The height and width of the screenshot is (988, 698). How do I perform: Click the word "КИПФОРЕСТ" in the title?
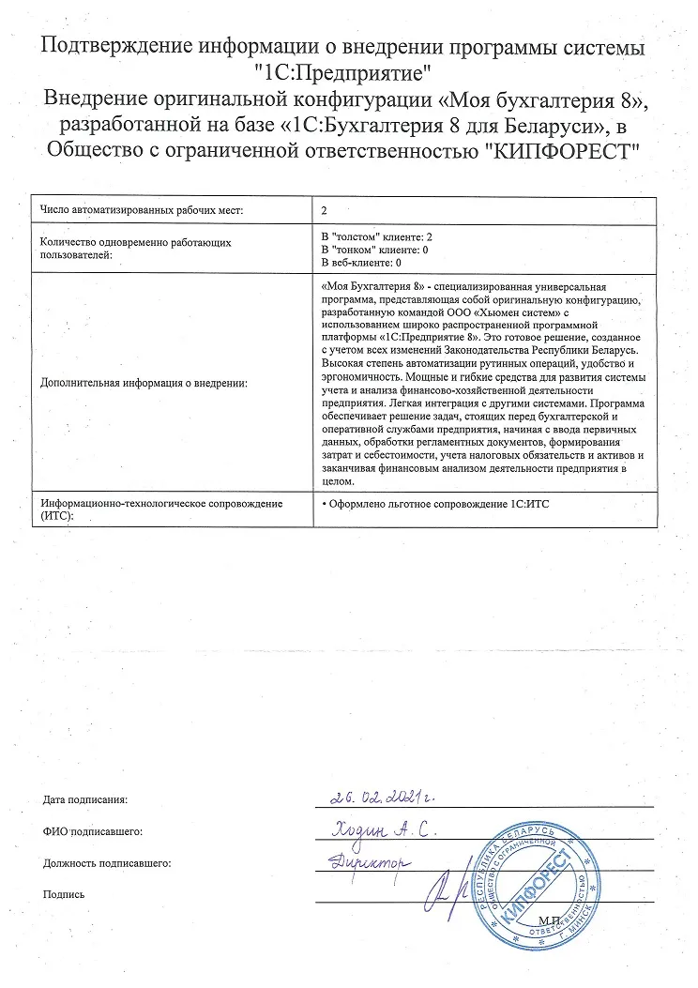[560, 150]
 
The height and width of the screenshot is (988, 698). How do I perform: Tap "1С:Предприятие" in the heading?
[349, 70]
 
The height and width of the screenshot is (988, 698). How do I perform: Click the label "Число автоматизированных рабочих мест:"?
[142, 210]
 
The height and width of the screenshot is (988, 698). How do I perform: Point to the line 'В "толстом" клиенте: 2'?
[376, 236]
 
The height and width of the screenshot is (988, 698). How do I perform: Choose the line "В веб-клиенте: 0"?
[361, 263]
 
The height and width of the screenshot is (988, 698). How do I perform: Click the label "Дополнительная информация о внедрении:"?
[143, 384]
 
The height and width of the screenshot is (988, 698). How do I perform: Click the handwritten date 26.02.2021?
[385, 797]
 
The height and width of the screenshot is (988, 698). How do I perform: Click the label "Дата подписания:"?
[84, 800]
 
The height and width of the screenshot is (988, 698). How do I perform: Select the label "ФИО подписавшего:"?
[92, 832]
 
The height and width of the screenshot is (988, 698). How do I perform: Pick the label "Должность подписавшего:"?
[107, 863]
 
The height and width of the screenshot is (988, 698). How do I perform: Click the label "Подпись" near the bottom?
[64, 894]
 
